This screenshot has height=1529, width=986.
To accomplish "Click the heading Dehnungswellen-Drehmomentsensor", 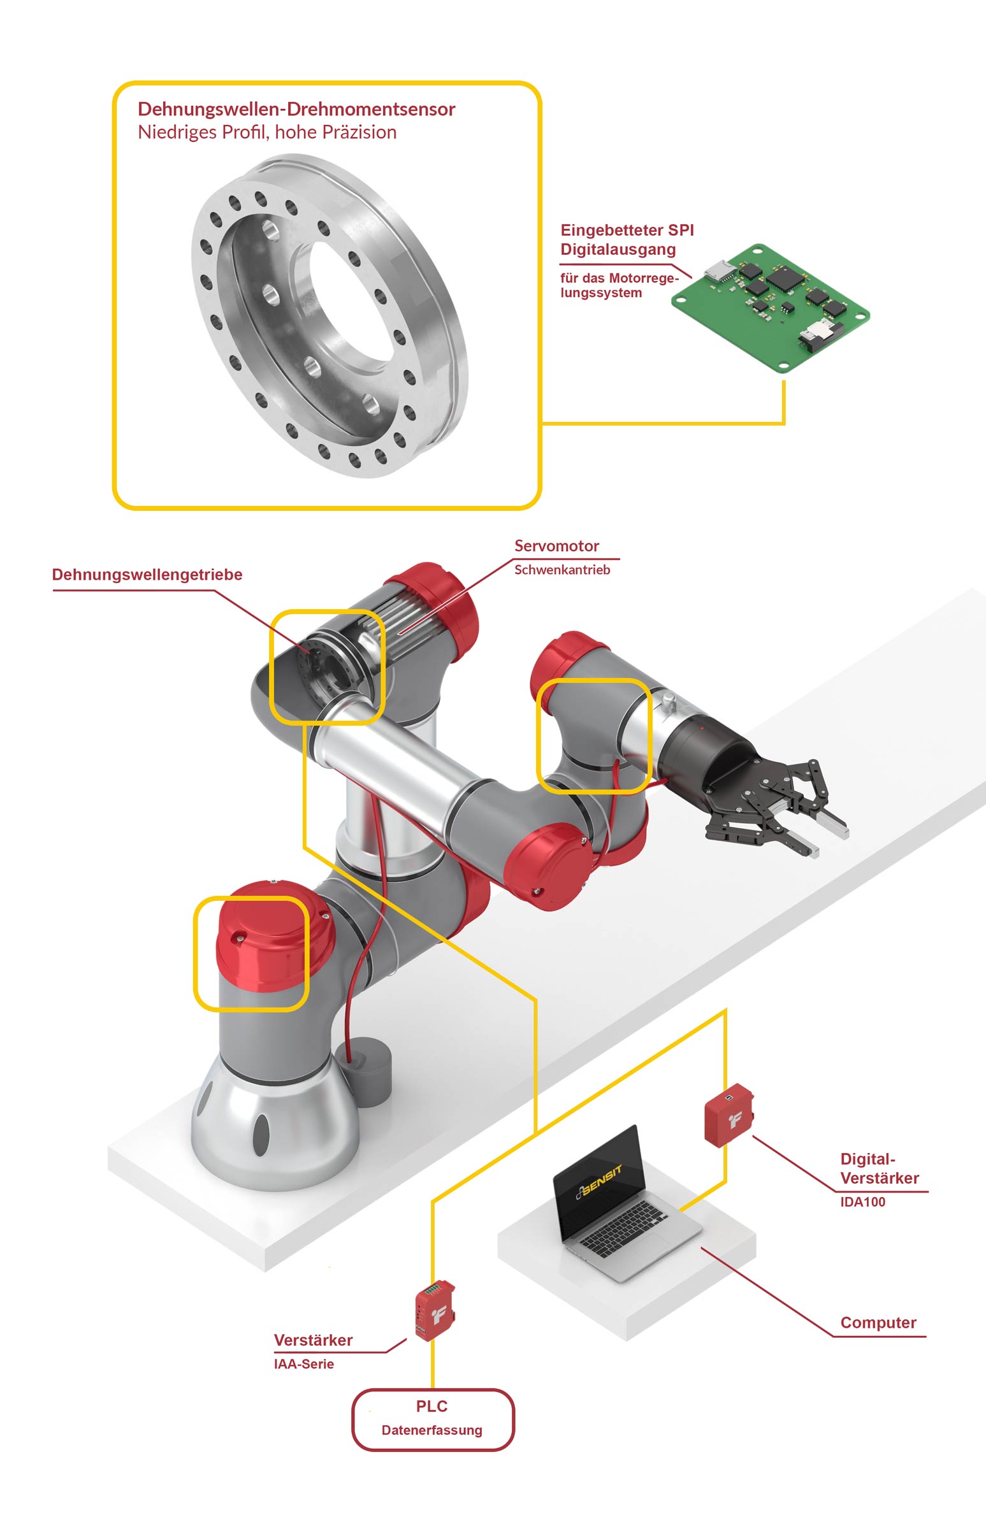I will click(296, 109).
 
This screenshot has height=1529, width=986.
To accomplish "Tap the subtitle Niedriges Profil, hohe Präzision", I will click(267, 133).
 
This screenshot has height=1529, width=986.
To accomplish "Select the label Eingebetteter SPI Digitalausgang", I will click(626, 240).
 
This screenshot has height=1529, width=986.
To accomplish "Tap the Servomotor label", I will click(556, 546).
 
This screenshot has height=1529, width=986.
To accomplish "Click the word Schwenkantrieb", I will click(562, 570).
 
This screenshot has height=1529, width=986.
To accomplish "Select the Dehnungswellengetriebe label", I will click(147, 574).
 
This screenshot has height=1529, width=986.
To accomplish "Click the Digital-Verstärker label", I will click(878, 1168).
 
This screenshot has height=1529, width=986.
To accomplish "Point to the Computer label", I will click(878, 1323).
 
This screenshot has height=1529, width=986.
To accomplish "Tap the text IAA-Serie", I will click(303, 1363).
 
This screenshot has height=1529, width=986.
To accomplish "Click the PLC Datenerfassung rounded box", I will click(433, 1419).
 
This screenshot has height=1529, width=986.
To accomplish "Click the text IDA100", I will click(862, 1202).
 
